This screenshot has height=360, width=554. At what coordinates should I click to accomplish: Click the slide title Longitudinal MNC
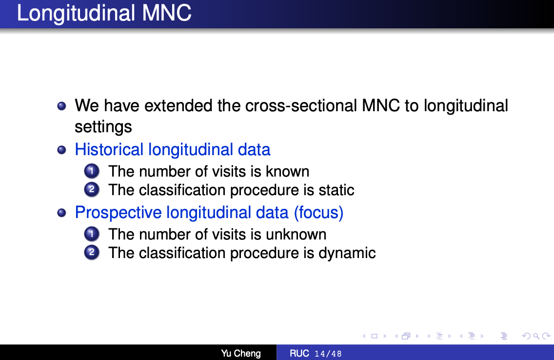[104, 13]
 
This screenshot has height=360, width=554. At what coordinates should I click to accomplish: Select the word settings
[103, 127]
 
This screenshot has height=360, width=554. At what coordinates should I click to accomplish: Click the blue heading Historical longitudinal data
[173, 149]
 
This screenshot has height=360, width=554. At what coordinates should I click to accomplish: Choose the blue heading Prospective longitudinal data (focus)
[209, 212]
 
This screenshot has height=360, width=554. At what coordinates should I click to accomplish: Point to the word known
[288, 171]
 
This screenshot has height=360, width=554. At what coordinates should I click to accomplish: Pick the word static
[336, 190]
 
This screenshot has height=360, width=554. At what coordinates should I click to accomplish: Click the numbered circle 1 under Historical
[92, 171]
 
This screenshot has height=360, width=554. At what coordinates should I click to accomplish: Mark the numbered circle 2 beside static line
[92, 189]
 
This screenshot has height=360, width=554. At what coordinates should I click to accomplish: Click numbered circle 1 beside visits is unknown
[92, 234]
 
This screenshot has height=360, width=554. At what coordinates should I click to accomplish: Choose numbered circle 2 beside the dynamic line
[92, 252]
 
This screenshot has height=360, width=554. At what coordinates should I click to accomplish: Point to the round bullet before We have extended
[61, 106]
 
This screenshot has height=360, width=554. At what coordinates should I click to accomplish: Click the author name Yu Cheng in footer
[241, 353]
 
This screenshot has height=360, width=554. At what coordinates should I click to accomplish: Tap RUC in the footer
[299, 353]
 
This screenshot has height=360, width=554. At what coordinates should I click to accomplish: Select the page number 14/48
[328, 354]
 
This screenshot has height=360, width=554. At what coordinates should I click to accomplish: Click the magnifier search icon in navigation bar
[536, 336]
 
